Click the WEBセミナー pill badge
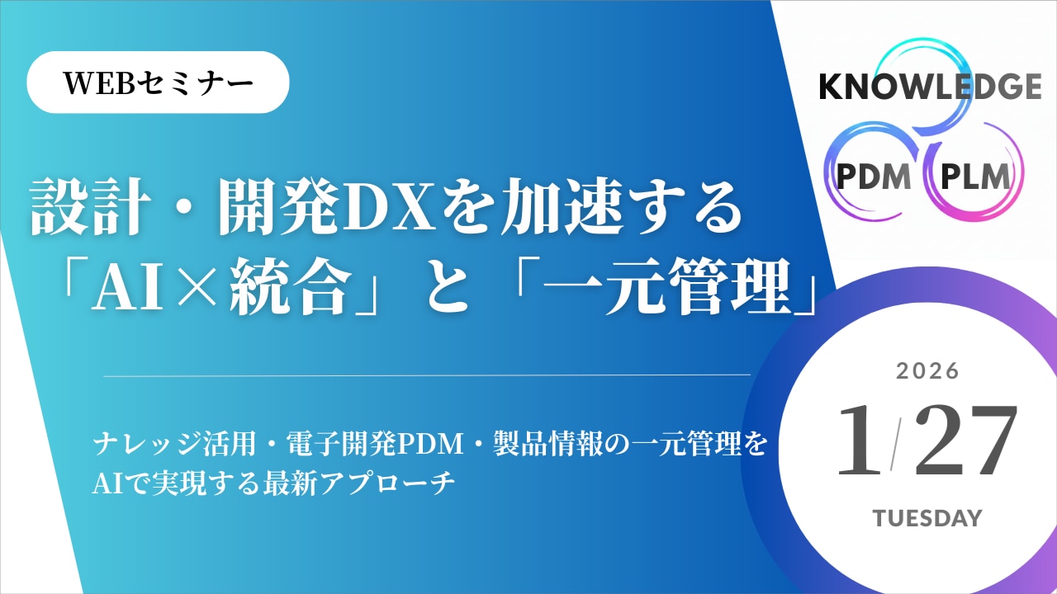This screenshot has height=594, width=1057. (x=159, y=82)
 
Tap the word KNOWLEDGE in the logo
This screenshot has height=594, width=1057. (x=930, y=87)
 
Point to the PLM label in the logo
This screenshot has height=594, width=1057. (x=974, y=177)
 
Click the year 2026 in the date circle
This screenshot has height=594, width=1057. (x=928, y=371)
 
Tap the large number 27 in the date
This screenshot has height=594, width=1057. (x=965, y=442)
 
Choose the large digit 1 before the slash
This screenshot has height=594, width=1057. (x=859, y=442)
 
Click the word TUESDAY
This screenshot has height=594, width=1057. (x=928, y=518)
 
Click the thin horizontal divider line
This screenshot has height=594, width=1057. (x=426, y=375)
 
